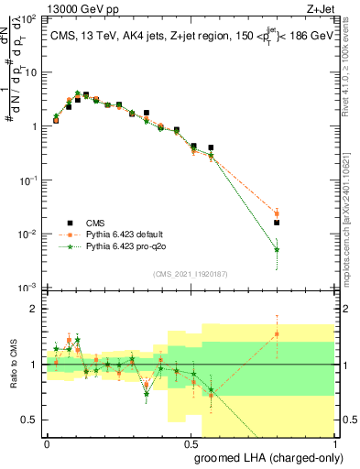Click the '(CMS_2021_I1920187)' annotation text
189,273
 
